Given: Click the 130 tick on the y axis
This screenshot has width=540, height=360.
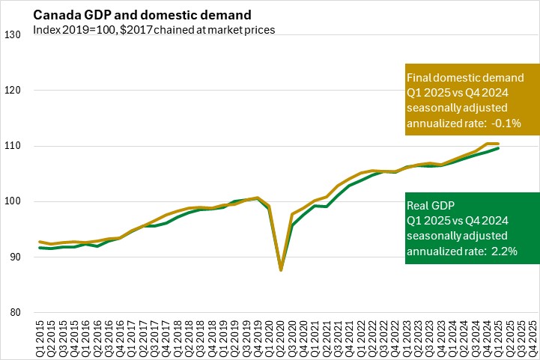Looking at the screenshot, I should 13,35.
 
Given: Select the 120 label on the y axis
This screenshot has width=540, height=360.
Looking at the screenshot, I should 13,91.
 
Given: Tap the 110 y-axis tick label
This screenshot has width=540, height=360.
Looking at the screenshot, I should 13,146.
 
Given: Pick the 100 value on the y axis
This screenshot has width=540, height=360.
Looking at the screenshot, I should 13,201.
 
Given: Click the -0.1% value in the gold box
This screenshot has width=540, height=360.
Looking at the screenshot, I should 506,123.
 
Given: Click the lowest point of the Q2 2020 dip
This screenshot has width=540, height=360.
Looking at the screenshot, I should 282,269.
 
